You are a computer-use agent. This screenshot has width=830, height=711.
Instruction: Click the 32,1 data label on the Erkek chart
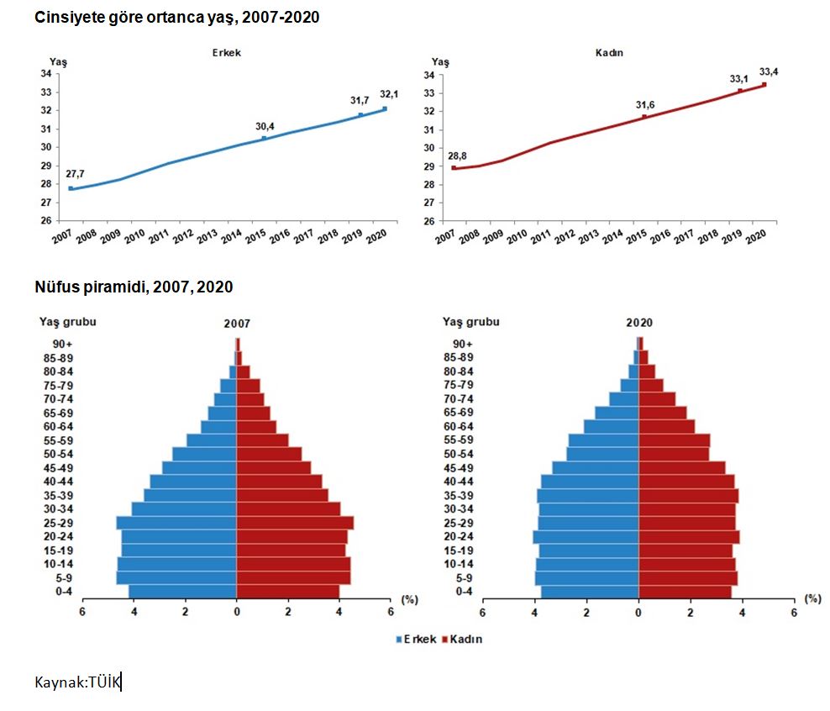coord(388,94)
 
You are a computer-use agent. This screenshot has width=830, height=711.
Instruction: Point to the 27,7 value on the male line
coord(75,174)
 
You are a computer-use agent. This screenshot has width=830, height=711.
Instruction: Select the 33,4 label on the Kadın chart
coord(768,71)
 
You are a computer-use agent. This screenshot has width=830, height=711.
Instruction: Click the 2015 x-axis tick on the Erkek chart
coord(254,238)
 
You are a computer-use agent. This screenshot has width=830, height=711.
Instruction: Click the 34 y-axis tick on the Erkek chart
coord(45,74)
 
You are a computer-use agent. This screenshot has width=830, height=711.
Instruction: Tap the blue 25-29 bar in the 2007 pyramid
coord(176,523)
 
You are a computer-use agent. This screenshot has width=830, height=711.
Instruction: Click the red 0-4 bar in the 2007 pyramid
coord(287,592)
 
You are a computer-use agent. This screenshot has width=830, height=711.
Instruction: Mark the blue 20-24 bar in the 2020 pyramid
coord(586,537)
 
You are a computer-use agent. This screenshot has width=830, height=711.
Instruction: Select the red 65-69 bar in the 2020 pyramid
coord(663,413)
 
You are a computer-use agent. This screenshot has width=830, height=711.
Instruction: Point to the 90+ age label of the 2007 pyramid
coord(64,344)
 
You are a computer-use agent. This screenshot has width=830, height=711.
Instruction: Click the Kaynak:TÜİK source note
coord(78,682)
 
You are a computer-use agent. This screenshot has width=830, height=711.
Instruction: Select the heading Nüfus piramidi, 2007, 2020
coord(134,287)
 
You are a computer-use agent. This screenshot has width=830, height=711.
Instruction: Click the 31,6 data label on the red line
coord(645,105)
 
